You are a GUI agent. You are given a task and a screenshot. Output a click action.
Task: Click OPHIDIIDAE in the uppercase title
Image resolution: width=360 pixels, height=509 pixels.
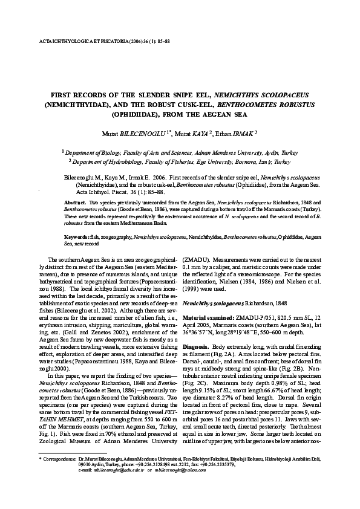151,113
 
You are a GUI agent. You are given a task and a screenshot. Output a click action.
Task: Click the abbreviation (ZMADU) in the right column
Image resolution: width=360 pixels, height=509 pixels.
200,258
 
